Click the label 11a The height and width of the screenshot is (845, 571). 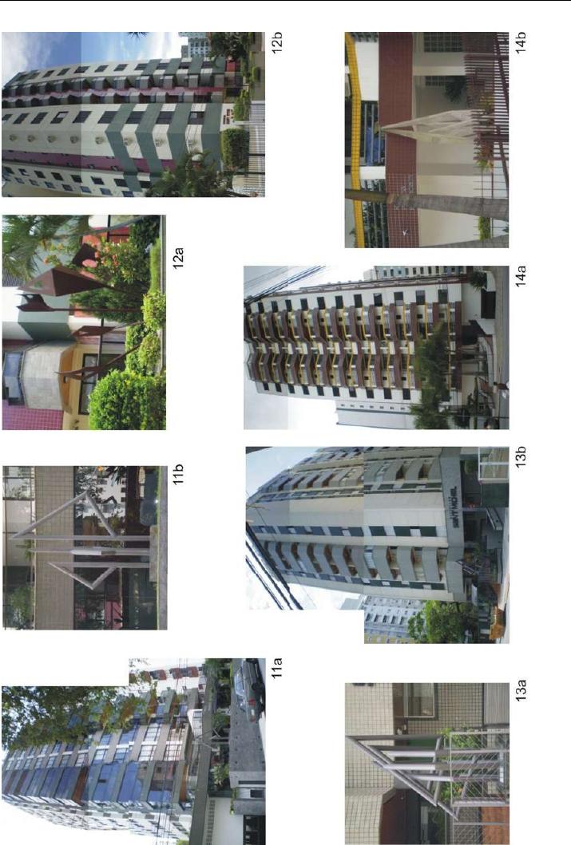point(277,668)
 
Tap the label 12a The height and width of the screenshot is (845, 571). point(178,258)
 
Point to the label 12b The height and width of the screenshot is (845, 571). point(277,42)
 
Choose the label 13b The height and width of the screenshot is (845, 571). point(521,456)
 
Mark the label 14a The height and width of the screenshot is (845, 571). point(521,276)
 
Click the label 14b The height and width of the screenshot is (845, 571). point(521,42)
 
